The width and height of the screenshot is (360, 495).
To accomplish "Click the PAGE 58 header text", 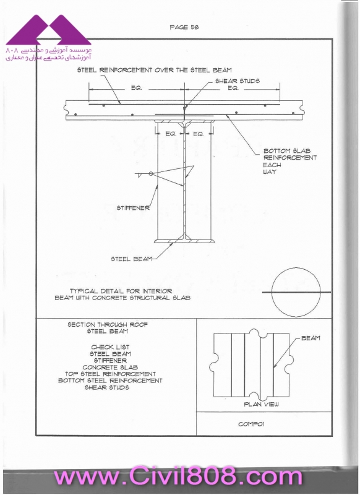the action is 184,27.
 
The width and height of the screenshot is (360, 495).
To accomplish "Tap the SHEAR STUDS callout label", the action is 238,81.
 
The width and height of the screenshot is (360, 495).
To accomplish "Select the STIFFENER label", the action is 133,208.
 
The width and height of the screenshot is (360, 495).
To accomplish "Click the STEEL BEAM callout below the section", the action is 131,259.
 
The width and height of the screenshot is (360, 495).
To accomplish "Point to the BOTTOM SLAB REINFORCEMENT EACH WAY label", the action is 289,161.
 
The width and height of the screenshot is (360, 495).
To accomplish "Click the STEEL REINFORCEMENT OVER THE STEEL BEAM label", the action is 154,70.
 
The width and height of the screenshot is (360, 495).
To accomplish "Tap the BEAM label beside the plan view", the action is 311,338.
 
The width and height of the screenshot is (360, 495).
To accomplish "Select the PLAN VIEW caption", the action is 261,404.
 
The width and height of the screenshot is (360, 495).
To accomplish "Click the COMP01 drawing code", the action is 251,424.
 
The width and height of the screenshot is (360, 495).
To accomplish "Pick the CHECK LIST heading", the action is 110,347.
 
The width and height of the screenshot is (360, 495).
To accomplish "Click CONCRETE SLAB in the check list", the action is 110,367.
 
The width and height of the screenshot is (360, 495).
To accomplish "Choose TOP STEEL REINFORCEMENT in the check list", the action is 110,374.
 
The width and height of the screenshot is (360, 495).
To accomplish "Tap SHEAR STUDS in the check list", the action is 106,387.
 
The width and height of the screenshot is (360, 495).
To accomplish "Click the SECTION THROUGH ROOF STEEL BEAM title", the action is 107,328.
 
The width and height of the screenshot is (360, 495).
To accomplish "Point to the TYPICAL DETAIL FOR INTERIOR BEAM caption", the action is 122,295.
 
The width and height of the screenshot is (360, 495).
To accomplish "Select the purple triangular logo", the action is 49,30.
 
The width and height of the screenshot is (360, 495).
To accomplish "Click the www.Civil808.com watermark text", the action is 178,476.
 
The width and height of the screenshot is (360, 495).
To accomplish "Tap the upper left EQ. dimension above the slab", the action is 136,88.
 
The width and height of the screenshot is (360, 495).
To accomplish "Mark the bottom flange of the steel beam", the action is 184,241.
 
